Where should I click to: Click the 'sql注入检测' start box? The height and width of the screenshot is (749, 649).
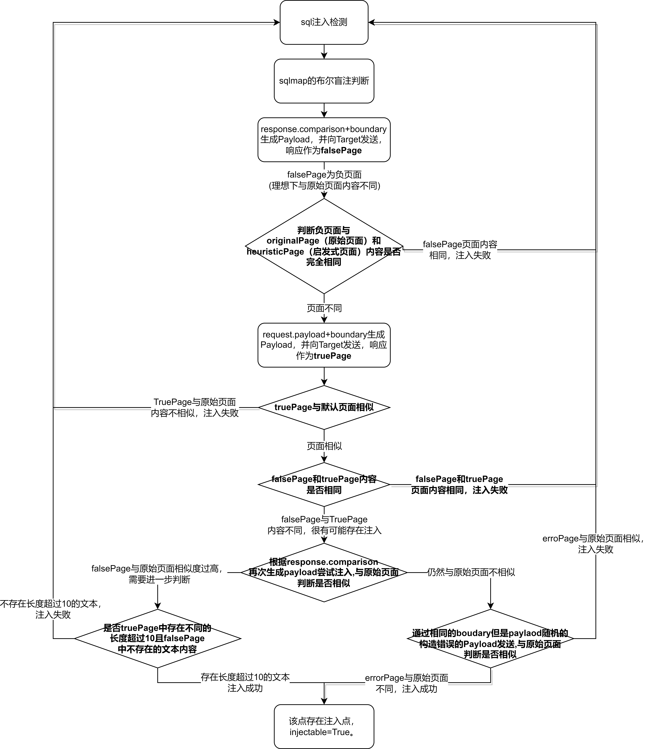(x=324, y=22)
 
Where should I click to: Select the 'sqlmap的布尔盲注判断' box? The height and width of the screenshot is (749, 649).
(x=324, y=81)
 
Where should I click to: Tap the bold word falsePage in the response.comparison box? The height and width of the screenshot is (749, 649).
(x=341, y=150)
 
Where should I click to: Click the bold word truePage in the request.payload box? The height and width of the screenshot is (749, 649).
(x=332, y=356)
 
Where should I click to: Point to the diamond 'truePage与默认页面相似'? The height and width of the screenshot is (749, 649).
(x=324, y=407)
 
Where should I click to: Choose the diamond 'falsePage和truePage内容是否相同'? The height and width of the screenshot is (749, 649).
(x=324, y=484)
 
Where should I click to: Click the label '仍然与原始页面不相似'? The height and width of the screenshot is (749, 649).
(x=471, y=572)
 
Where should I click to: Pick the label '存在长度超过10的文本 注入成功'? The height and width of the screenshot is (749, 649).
(x=245, y=683)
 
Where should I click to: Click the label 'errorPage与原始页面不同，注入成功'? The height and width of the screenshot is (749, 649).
(x=406, y=683)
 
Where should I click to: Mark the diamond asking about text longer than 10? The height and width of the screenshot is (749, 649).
(x=158, y=639)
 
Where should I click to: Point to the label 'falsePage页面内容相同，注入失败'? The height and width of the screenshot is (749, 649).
(x=460, y=250)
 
